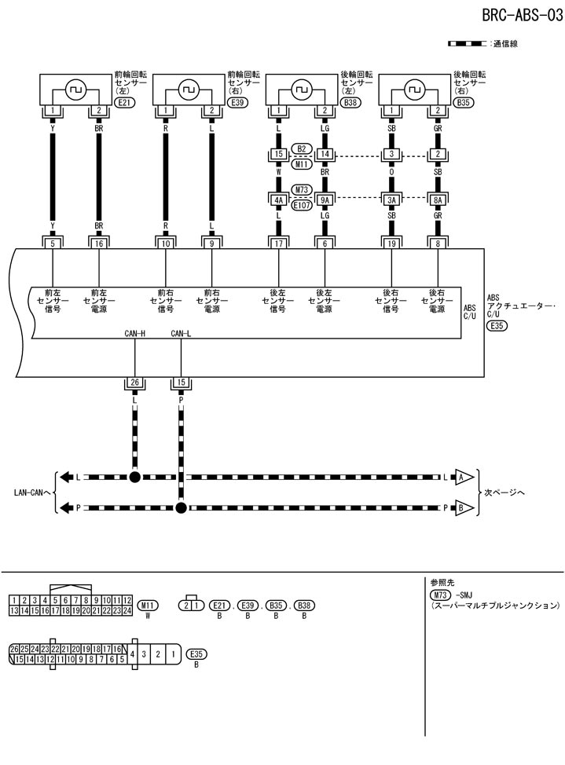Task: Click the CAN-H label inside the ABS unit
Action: point(135,335)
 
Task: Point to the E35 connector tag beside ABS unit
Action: point(497,325)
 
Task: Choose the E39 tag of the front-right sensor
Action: point(238,102)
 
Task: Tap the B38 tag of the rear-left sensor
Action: point(352,102)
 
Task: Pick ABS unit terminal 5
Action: point(52,244)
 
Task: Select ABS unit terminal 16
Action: point(98,244)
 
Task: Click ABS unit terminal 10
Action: point(166,244)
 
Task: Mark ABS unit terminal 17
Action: point(278,244)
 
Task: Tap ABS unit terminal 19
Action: point(391,244)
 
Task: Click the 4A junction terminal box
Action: point(278,199)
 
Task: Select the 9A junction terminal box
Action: point(325,199)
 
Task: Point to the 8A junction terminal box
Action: point(438,199)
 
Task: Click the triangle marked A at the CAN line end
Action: point(464,477)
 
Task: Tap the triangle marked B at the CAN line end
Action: point(464,508)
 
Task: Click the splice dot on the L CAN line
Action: point(134,477)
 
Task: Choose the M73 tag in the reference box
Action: point(443,595)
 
